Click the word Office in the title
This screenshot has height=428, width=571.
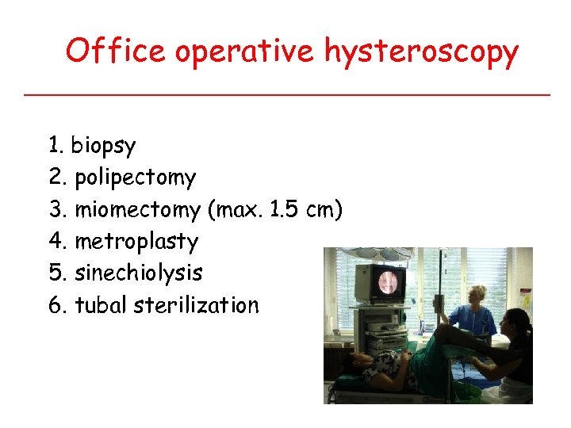116,52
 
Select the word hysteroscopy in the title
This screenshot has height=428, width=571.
421,53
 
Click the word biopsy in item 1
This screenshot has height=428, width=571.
103,147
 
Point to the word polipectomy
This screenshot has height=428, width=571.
135,178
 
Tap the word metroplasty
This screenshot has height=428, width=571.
136,242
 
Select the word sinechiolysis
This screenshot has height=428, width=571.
139,273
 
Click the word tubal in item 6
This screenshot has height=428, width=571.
102,305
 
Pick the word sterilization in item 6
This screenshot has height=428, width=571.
197,305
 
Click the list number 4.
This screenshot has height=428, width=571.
56,242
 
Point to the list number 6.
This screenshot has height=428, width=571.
56,305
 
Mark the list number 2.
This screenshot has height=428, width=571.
56,178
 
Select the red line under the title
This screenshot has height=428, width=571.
285,94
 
